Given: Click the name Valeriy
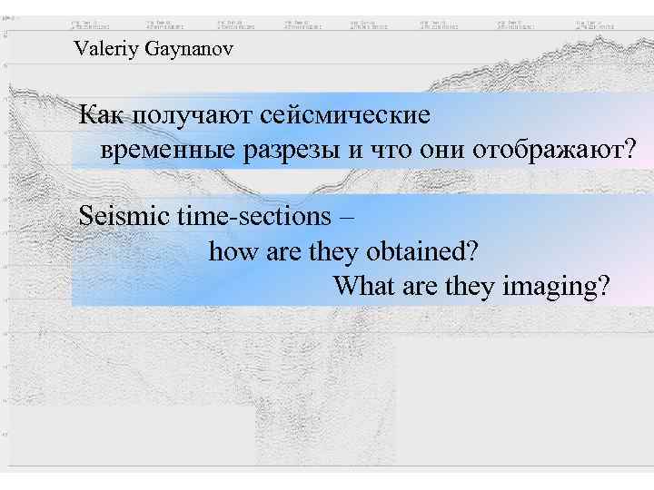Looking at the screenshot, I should pyautogui.click(x=105, y=49).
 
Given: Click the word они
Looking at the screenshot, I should pyautogui.click(x=444, y=150).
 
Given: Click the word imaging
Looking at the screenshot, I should pyautogui.click(x=545, y=288).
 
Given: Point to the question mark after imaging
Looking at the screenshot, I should pyautogui.click(x=602, y=287).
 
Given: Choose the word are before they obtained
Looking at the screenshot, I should pyautogui.click(x=283, y=252).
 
